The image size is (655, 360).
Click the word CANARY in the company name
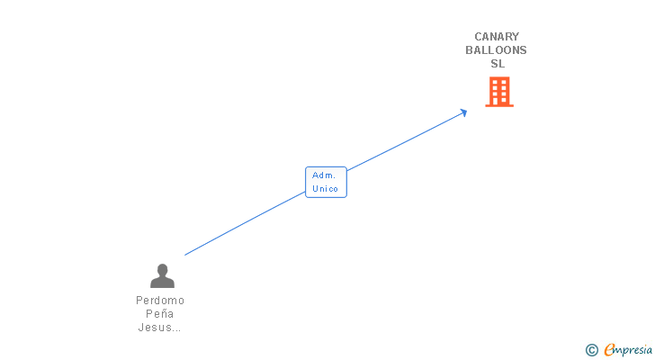tap(497, 37)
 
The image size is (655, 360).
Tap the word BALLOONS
tap(496, 50)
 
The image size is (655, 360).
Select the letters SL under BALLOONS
tap(498, 64)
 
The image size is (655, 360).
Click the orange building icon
tap(499, 92)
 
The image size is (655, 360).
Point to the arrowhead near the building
tap(463, 112)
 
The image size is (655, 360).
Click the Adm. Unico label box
tap(325, 182)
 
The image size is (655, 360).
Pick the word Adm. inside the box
tap(324, 175)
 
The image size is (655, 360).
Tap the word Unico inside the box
tap(325, 189)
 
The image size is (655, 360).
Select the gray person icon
tap(162, 275)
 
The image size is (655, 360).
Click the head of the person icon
tap(162, 269)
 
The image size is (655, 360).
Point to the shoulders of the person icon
tap(162, 283)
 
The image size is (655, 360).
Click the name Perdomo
tap(160, 300)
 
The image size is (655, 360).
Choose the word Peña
tap(160, 313)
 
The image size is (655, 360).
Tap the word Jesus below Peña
tap(154, 328)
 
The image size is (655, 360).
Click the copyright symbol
tap(591, 350)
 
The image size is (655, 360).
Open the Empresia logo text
tap(628, 350)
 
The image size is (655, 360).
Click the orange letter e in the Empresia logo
tap(609, 350)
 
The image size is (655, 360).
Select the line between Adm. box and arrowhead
tap(405, 141)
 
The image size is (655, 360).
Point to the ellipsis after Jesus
tap(176, 329)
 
